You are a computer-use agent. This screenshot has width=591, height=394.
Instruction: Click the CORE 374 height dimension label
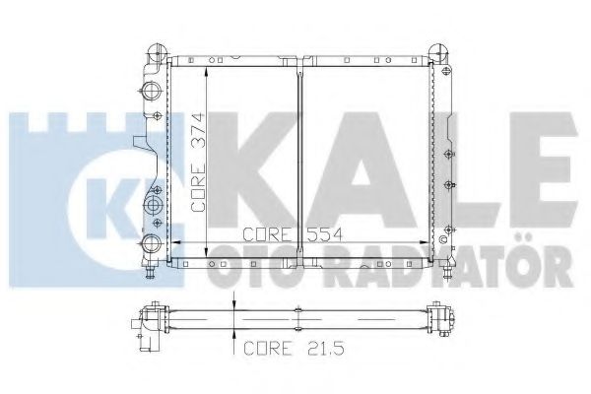pos(199,163)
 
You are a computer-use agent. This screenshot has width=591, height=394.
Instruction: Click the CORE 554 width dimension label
pos(293,234)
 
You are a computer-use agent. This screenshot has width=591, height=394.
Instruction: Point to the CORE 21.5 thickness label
pos(294,348)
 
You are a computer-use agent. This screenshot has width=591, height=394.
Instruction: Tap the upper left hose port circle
pos(153,90)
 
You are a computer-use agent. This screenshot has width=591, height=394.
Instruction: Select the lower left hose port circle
pos(153,243)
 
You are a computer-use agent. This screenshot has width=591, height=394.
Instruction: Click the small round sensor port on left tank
pos(153,205)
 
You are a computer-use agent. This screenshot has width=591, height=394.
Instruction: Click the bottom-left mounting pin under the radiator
pos(151,272)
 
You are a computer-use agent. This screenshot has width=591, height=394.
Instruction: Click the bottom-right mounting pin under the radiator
pos(447,272)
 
